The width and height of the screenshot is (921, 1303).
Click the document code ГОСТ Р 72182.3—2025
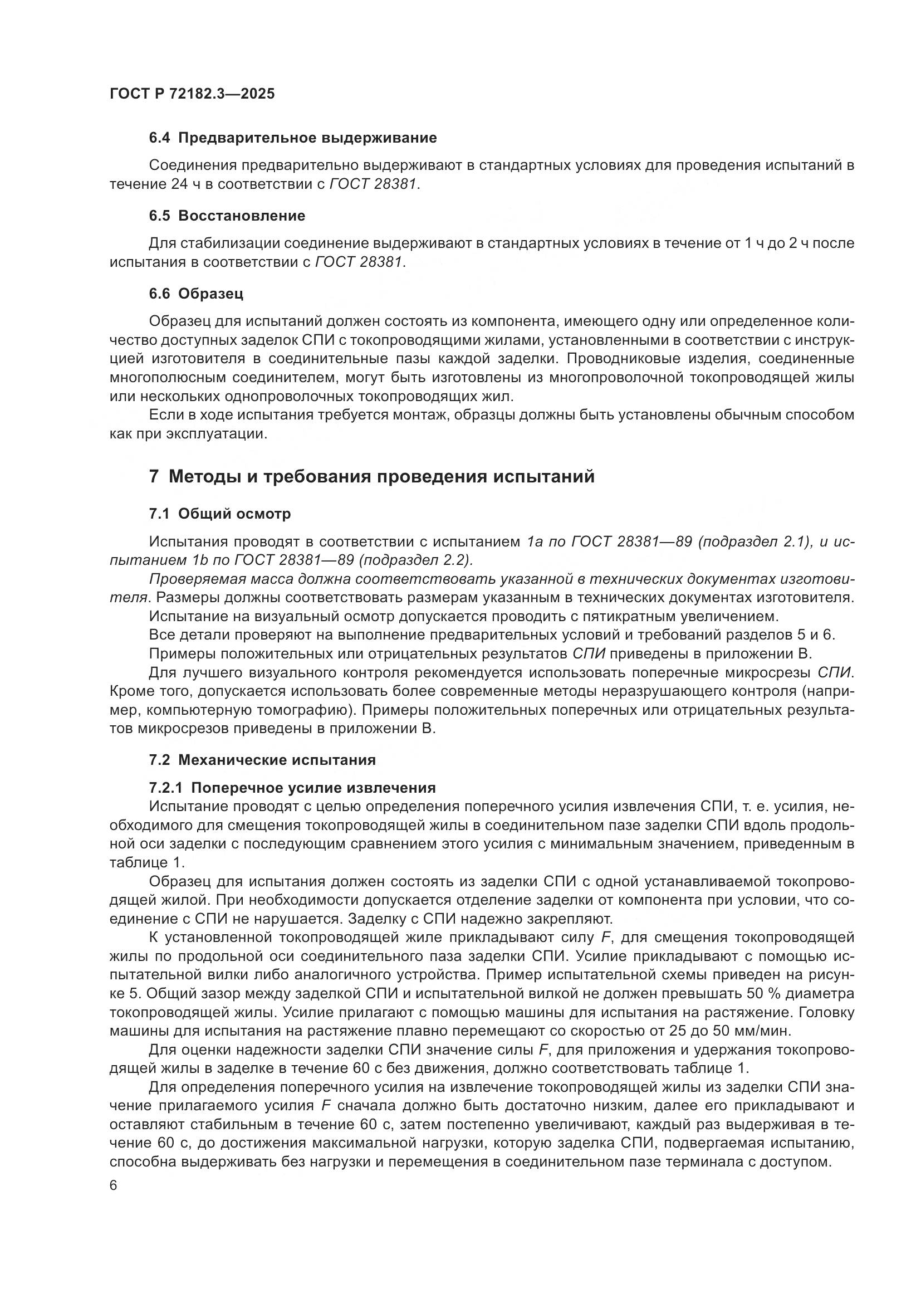pyautogui.click(x=192, y=94)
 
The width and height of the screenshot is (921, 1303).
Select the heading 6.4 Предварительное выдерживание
pyautogui.click(x=293, y=138)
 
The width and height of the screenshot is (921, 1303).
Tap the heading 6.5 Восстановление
pyautogui.click(x=227, y=216)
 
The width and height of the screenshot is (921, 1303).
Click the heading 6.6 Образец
pyautogui.click(x=196, y=294)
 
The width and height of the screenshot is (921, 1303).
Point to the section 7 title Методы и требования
pyautogui.click(x=371, y=476)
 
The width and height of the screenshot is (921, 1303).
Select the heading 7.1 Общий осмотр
pyautogui.click(x=220, y=514)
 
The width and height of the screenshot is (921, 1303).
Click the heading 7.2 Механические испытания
pyautogui.click(x=262, y=759)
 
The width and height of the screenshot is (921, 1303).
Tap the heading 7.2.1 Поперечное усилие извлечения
pyautogui.click(x=292, y=788)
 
